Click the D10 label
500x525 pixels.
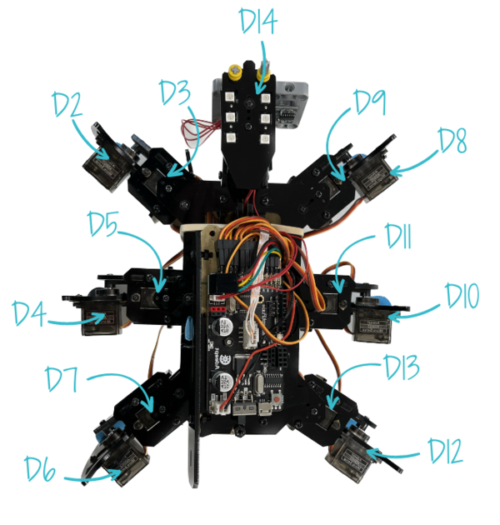coord(463,296)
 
